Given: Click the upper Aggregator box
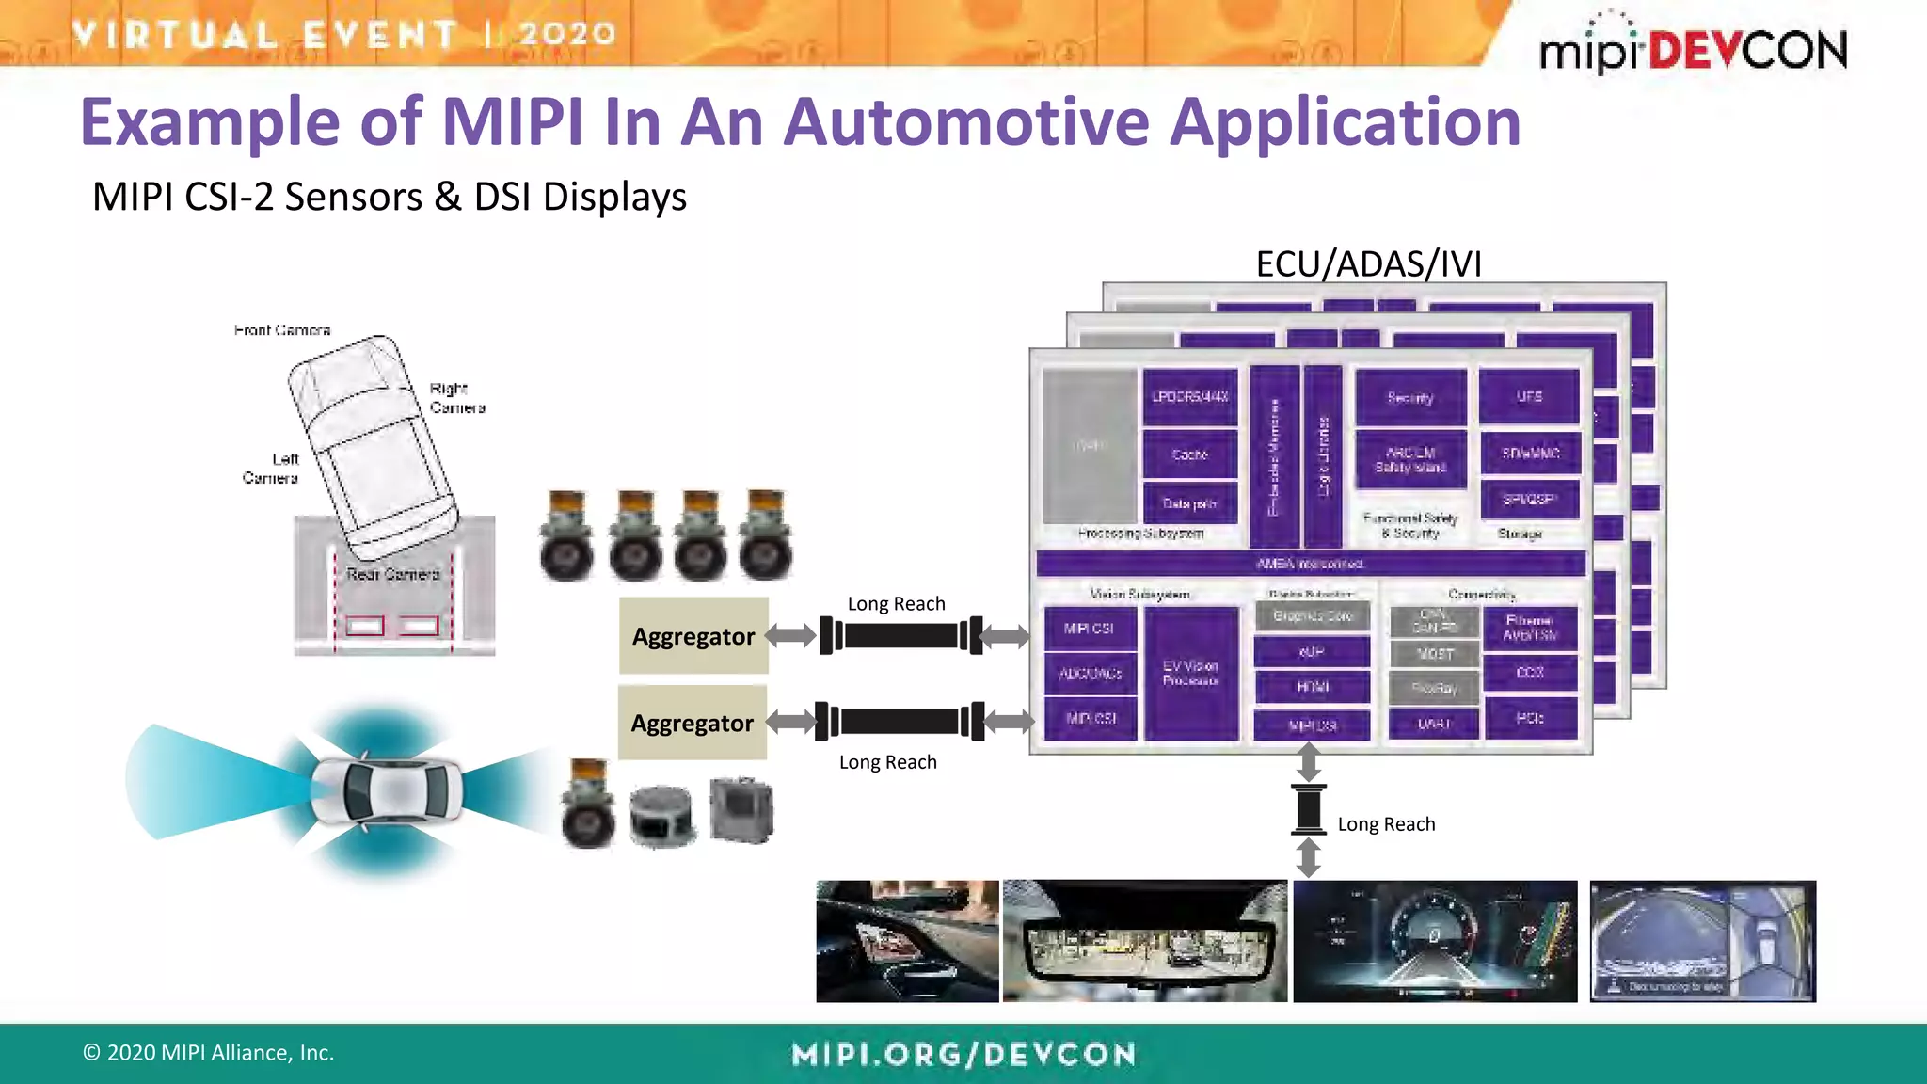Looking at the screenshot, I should [x=693, y=636].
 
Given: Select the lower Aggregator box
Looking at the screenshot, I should [x=693, y=723].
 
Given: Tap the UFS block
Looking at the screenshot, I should [x=1529, y=397].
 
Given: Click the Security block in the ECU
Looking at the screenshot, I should [x=1410, y=397].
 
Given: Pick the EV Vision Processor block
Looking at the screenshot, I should [x=1190, y=673].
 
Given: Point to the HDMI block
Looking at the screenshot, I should [x=1313, y=687].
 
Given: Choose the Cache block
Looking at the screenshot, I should [x=1189, y=454].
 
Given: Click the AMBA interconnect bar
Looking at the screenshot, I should [x=1310, y=564].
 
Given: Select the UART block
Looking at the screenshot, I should [x=1434, y=724].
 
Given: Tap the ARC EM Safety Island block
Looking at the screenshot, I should [x=1410, y=460].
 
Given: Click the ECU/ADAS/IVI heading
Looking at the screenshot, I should [x=1368, y=264].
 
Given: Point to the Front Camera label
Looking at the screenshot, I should [x=282, y=330].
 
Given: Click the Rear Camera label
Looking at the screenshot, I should [x=392, y=574].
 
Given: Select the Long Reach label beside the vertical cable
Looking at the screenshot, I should [x=1386, y=824].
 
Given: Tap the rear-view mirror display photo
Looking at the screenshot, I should [x=1144, y=941].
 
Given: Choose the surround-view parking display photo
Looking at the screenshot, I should [x=1702, y=941].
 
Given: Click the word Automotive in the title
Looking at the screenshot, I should [x=966, y=122].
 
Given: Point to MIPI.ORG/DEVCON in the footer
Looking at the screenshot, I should [x=963, y=1054].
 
